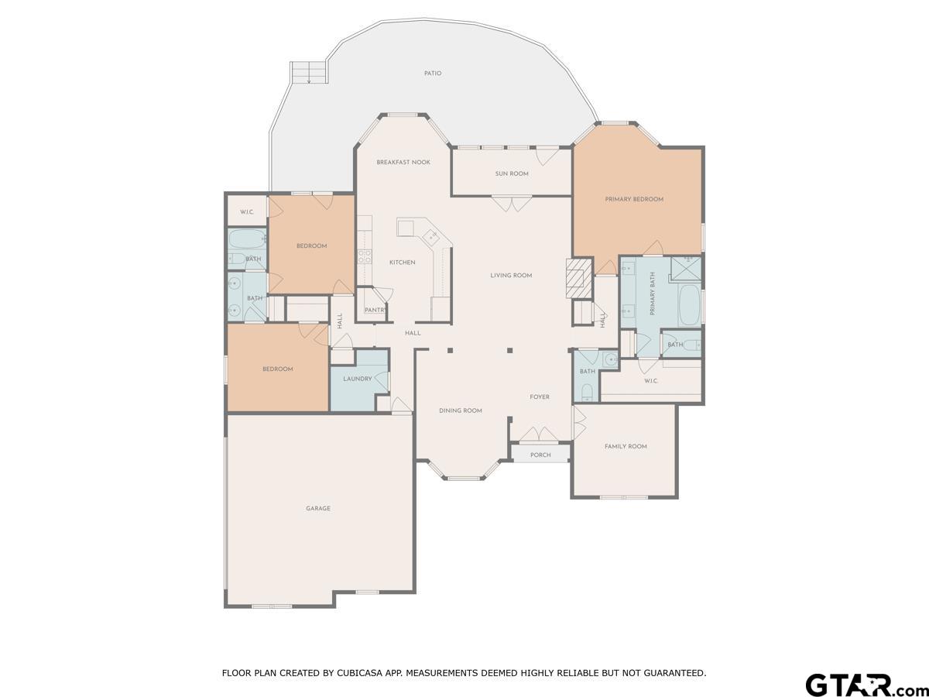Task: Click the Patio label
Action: pos(433,74)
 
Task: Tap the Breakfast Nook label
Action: pos(403,162)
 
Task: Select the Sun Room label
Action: pos(512,173)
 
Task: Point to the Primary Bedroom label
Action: pos(634,199)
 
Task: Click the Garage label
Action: pos(318,508)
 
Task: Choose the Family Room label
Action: pos(626,446)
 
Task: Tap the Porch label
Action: pos(540,455)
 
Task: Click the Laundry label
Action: pos(358,379)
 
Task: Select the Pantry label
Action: pos(375,311)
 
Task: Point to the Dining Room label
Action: pos(461,410)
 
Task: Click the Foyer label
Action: pos(540,397)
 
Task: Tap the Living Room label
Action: pos(511,276)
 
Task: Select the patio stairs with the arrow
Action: pos(308,72)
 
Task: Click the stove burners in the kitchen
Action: pos(365,256)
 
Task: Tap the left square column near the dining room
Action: pos(451,350)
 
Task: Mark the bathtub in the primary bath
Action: pos(690,304)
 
